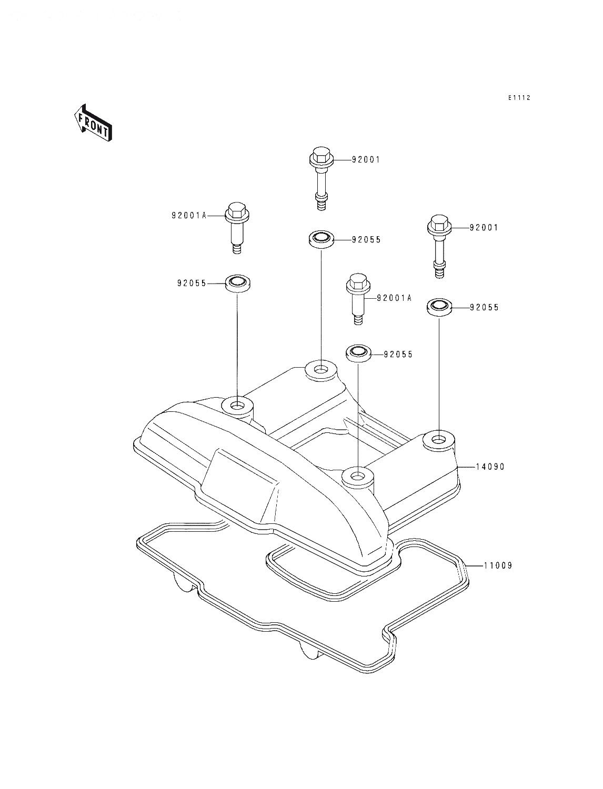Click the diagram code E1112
tap(519, 98)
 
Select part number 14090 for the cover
tap(490, 467)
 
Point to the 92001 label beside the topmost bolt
tap(366, 159)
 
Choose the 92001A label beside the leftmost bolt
tap(189, 216)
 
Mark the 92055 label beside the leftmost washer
tap(192, 284)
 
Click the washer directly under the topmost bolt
tap(321, 240)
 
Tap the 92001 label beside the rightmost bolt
tap(484, 228)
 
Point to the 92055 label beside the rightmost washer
tap(484, 307)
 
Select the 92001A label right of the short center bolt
tap(394, 298)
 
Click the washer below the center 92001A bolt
tap(358, 353)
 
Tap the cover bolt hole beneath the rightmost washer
tap(438, 440)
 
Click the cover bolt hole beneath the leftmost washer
tap(237, 407)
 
